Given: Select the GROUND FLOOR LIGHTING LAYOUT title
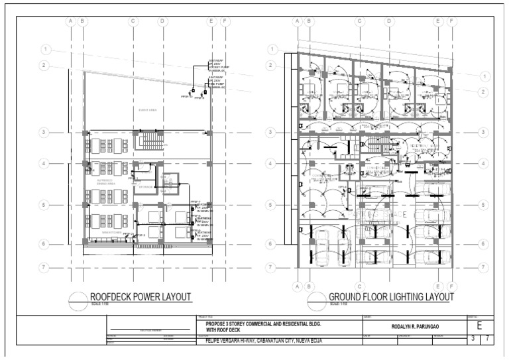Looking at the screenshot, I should (x=391, y=297).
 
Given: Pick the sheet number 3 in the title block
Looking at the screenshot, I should (x=473, y=339).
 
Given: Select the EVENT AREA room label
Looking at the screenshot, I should (x=147, y=110).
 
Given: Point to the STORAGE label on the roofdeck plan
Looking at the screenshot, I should (x=146, y=187).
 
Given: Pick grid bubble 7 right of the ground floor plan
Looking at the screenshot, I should (x=483, y=268).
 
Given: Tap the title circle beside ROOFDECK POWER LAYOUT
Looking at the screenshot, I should (x=79, y=298).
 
